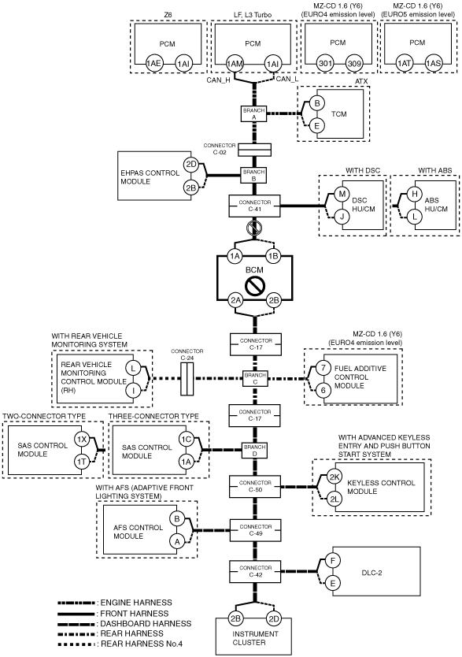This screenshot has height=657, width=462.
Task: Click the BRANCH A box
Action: [253, 114]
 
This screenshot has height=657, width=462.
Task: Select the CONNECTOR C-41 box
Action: [254, 206]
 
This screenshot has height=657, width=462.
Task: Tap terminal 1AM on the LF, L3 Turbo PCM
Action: [235, 64]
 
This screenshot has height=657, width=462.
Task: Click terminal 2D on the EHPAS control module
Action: [191, 164]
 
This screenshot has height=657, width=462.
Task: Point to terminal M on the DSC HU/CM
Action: [342, 194]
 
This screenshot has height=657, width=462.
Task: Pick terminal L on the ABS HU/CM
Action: [415, 217]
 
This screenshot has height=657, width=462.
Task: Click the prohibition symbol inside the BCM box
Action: [255, 287]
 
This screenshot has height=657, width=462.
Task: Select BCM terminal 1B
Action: [274, 256]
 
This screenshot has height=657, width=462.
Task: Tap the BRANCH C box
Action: [255, 378]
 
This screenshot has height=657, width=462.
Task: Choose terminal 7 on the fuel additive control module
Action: [323, 369]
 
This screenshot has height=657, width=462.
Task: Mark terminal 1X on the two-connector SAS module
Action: [82, 439]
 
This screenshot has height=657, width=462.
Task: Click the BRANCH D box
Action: [255, 451]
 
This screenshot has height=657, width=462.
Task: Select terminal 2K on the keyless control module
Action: [334, 477]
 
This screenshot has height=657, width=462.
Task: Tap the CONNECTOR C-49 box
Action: [255, 530]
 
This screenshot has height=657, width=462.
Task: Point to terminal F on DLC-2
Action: [333, 561]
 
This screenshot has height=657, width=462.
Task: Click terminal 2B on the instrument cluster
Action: [235, 618]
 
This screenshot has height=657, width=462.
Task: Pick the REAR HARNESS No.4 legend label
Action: [142, 644]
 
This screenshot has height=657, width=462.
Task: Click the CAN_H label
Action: [218, 80]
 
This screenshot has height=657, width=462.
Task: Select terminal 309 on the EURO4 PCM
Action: [354, 64]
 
